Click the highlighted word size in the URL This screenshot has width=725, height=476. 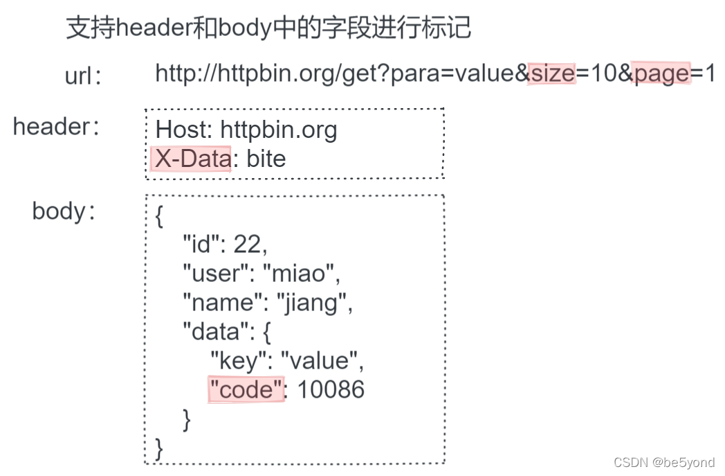(551, 73)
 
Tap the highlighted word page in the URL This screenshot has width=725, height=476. (661, 73)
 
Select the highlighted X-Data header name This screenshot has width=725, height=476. (192, 159)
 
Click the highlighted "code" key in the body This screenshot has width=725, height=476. (246, 390)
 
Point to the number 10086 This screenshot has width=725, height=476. (331, 390)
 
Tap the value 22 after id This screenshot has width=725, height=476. (249, 244)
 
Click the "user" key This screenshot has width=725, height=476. (214, 274)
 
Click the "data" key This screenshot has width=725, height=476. (214, 333)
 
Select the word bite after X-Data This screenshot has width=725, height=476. (266, 159)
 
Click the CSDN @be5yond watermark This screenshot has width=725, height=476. (663, 463)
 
